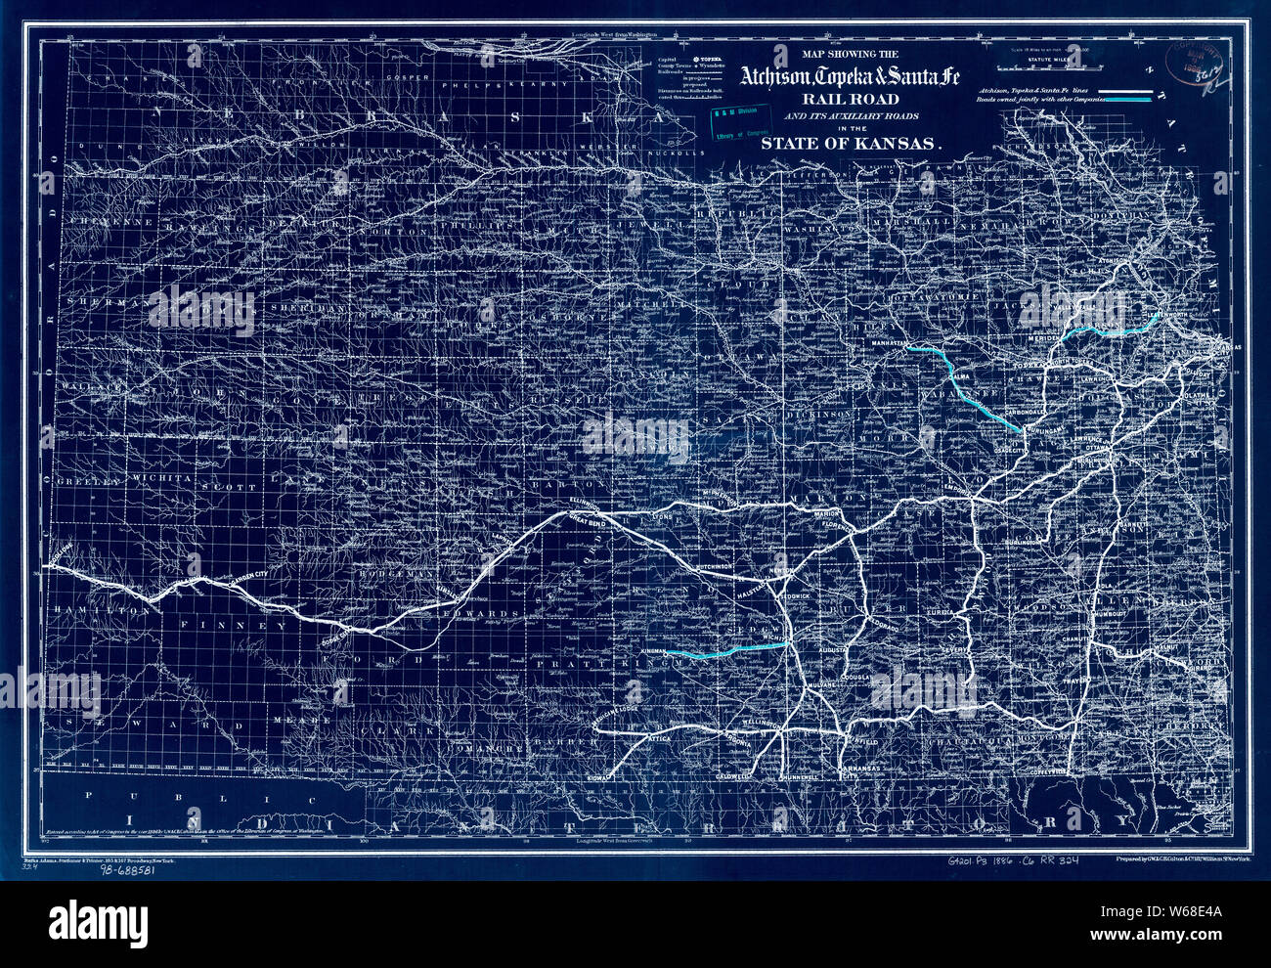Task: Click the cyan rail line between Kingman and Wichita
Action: [733, 650]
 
